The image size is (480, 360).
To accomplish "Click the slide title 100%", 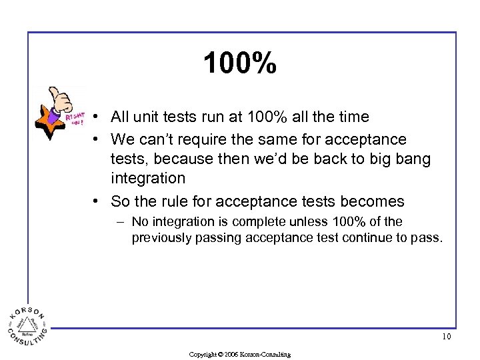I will [x=240, y=64].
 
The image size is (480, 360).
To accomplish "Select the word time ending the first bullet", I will [x=353, y=117].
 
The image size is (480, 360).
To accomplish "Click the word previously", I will [x=161, y=237].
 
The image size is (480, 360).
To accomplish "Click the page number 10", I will [x=446, y=337].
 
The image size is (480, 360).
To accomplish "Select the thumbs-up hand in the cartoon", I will [x=61, y=98].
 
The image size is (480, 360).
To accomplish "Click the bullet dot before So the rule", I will [x=97, y=201].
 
